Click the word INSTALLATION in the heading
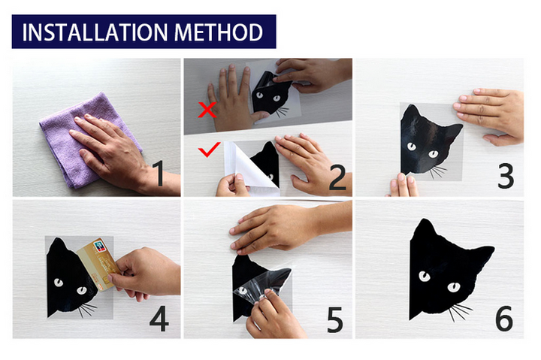tap(95, 32)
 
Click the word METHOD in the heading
tap(219, 32)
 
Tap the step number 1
tap(159, 174)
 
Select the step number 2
tap(337, 177)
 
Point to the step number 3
tap(506, 175)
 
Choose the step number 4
tap(159, 318)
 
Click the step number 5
tap(334, 319)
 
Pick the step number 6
tap(504, 318)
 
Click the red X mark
tap(207, 110)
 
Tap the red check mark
tap(209, 150)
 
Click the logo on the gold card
tap(100, 246)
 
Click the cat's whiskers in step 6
tap(461, 312)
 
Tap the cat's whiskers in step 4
tap(87, 310)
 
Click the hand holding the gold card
tap(145, 274)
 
